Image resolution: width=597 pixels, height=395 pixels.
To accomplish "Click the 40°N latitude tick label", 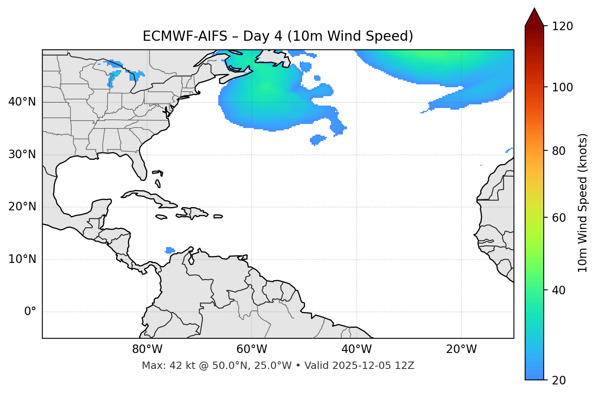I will pyautogui.click(x=22, y=102).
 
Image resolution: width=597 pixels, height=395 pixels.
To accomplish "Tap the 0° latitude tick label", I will pyautogui.click(x=30, y=312).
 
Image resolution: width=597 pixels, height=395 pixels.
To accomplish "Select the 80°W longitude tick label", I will pyautogui.click(x=147, y=349).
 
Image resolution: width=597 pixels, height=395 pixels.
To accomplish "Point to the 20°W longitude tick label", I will pyautogui.click(x=461, y=349).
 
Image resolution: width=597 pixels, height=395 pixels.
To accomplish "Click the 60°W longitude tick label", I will pyautogui.click(x=252, y=349).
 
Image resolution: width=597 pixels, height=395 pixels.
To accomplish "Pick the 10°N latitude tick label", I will pyautogui.click(x=22, y=259).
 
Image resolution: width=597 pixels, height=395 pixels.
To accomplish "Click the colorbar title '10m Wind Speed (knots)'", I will pyautogui.click(x=583, y=203).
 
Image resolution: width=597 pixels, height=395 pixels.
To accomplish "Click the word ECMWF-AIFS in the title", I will pyautogui.click(x=185, y=36).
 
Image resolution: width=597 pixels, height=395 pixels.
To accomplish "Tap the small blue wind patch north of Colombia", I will pyautogui.click(x=170, y=250).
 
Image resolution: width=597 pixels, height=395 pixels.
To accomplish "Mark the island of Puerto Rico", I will pyautogui.click(x=218, y=216).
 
